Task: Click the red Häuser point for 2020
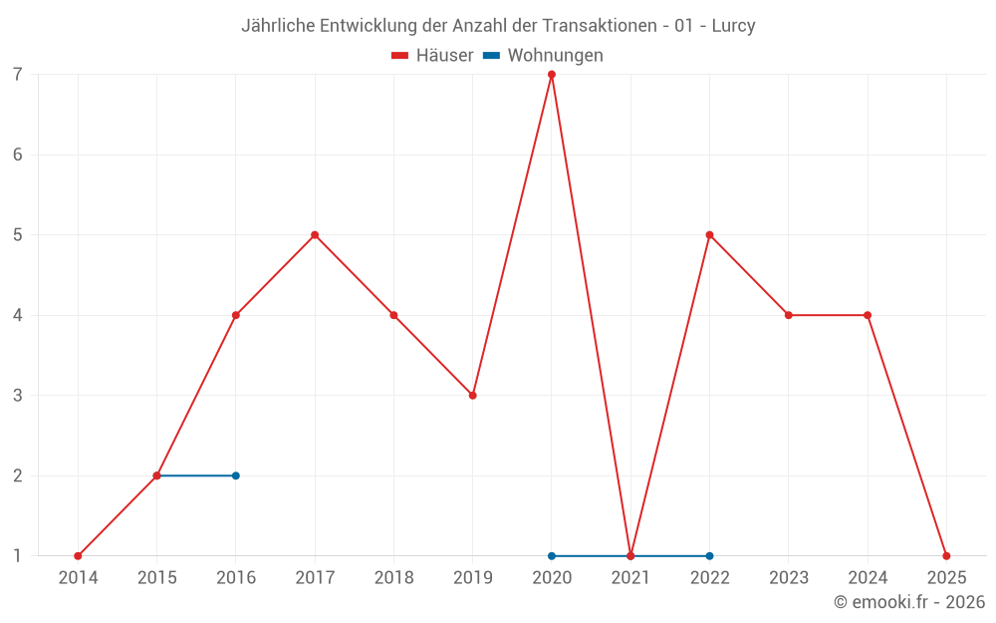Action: [x=552, y=75]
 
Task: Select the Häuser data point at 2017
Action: [x=315, y=235]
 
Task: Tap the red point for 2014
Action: [x=78, y=556]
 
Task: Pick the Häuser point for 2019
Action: [x=473, y=396]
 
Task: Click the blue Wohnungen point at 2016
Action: [x=236, y=475]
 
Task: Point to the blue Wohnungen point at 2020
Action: [x=552, y=556]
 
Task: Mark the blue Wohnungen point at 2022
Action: [x=709, y=556]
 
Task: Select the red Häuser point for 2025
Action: [x=946, y=556]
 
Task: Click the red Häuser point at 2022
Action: [x=709, y=235]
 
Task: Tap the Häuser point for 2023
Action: [x=789, y=315]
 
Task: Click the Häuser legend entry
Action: [x=432, y=56]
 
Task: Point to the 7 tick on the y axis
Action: [x=18, y=75]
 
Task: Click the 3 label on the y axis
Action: [x=18, y=396]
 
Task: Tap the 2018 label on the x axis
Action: [x=393, y=577]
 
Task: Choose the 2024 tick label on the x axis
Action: [x=868, y=577]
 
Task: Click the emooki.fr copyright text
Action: [x=909, y=602]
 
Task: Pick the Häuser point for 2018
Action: [x=393, y=315]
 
